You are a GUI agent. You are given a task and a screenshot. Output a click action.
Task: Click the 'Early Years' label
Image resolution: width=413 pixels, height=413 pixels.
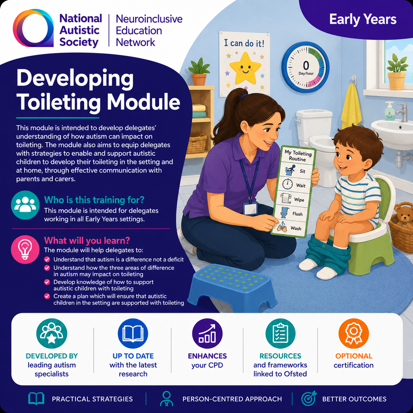pos(363,19)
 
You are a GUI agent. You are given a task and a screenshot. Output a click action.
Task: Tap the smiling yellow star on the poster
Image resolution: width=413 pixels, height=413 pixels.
pos(245,68)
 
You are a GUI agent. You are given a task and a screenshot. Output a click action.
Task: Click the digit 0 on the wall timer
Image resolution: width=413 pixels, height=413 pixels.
pos(306,65)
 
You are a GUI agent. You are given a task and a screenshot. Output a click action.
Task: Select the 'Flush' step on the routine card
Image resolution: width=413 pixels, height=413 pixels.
pos(292,213)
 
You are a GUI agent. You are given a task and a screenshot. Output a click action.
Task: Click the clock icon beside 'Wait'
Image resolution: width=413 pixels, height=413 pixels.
pos(288,184)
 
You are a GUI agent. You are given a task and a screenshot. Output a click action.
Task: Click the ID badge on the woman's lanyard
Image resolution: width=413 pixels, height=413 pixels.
pos(250,208)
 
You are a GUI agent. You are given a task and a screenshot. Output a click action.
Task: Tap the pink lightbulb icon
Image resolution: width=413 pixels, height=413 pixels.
pos(25,249)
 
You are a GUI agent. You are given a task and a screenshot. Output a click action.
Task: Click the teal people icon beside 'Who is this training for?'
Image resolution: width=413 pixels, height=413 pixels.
pos(25,205)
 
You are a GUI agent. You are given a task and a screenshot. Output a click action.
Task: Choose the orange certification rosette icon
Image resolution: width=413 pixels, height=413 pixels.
pos(354,334)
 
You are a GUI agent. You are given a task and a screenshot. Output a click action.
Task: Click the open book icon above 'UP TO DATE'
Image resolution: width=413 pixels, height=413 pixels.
pos(133,334)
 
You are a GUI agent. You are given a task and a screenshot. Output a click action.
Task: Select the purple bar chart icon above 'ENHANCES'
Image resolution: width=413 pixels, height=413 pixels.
pos(207,334)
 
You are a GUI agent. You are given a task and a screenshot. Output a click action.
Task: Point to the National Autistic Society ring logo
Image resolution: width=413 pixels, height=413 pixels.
pos(33,28)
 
